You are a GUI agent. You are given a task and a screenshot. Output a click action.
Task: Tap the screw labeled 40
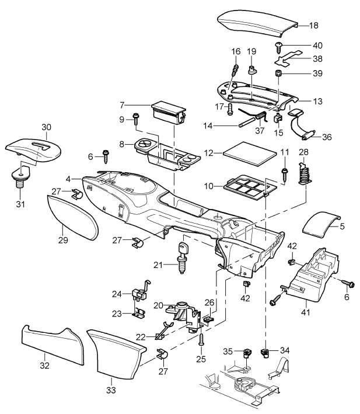click(x=279, y=46)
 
